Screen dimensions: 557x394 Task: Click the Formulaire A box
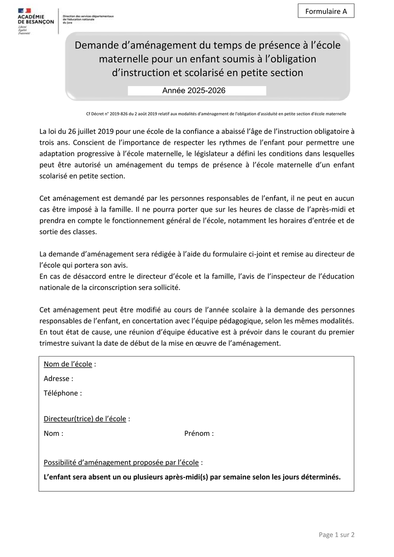coord(326,11)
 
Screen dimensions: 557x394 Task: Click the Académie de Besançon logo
coord(36,21)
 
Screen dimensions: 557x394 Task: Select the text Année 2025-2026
coord(194,91)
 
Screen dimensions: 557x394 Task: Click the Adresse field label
coord(58,378)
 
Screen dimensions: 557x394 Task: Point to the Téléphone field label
coord(63,393)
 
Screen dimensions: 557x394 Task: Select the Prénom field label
coord(199,433)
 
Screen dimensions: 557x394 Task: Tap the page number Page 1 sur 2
coord(336,535)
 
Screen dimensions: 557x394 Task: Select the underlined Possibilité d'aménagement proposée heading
coord(121,462)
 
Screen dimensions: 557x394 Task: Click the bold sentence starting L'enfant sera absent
coord(192,477)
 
